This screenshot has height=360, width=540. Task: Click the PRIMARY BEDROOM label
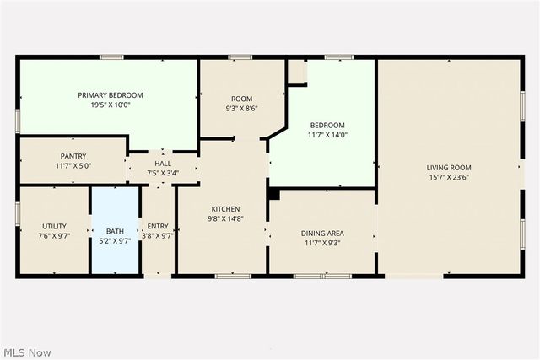(111, 95)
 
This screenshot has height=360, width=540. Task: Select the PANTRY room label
(73, 156)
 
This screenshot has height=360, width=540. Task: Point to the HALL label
(162, 163)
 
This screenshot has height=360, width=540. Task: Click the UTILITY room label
(55, 226)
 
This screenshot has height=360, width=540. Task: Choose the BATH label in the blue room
(115, 231)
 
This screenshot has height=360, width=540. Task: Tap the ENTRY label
(158, 226)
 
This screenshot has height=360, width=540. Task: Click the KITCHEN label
(226, 209)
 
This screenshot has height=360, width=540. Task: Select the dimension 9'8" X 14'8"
(226, 218)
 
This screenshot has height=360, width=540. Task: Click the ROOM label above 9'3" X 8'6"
(242, 99)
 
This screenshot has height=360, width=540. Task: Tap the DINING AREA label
(322, 234)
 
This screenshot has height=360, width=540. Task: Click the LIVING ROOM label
(450, 168)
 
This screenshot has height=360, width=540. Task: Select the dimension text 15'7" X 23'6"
(450, 178)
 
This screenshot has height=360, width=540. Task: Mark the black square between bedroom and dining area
(273, 193)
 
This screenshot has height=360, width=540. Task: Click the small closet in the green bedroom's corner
(296, 72)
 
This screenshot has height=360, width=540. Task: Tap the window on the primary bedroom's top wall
(111, 57)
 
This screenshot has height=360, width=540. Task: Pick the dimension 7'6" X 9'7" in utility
(55, 237)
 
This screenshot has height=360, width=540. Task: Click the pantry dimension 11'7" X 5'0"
(73, 166)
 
